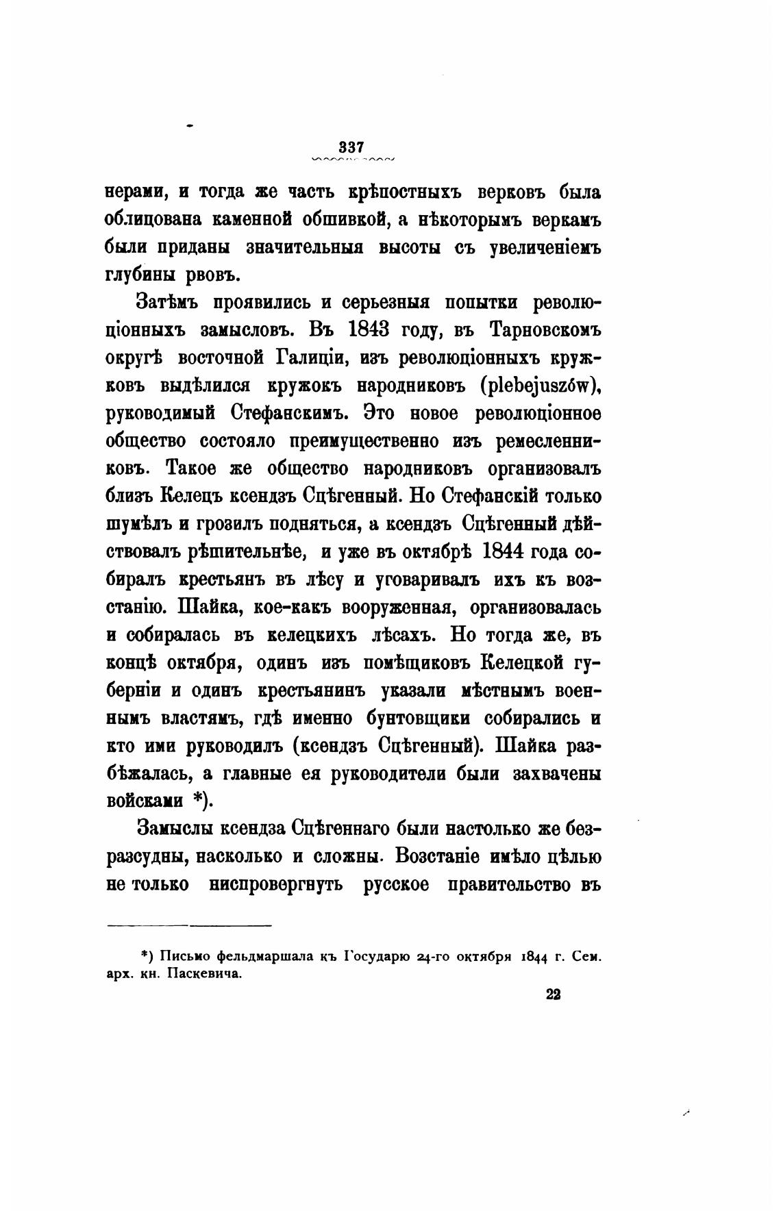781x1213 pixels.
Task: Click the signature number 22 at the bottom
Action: [x=554, y=995]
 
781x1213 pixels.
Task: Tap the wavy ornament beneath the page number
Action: [x=352, y=160]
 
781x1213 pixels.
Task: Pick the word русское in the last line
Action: [x=397, y=884]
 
